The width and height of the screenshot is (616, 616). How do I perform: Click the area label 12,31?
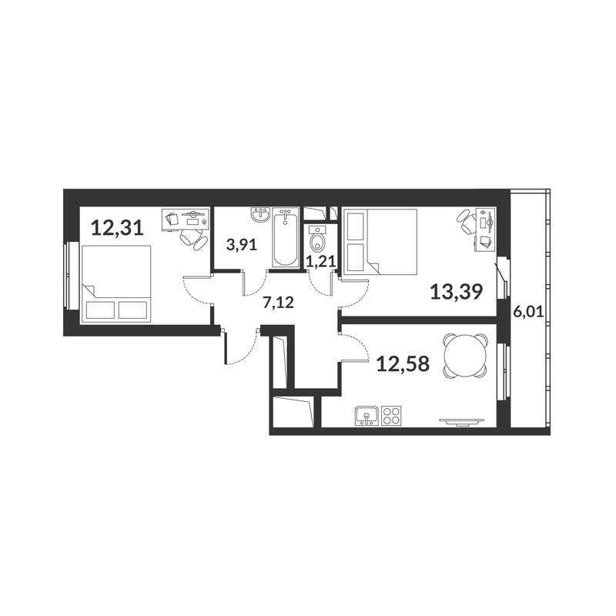click(117, 228)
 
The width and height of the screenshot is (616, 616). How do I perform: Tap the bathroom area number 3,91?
click(242, 245)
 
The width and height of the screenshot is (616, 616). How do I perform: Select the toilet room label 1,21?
click(321, 261)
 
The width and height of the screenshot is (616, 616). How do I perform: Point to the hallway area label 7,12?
click(279, 302)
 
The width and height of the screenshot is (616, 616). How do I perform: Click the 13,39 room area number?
click(457, 292)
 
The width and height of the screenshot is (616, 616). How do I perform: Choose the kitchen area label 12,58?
click(403, 364)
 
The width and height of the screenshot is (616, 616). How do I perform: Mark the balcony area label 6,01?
click(529, 313)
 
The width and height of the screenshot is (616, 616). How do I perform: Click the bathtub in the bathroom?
click(285, 238)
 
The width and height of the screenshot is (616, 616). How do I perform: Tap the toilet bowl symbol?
click(317, 239)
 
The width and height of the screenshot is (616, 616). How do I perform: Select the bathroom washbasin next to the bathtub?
click(260, 215)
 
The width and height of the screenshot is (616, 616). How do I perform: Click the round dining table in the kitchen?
click(465, 356)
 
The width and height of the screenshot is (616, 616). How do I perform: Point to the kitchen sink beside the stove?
click(367, 416)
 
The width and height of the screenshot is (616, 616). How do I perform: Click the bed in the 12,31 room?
click(116, 283)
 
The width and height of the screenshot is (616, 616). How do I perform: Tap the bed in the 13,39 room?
click(380, 241)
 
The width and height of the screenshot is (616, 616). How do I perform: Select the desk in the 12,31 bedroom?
click(185, 219)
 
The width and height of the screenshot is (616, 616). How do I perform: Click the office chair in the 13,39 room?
click(466, 221)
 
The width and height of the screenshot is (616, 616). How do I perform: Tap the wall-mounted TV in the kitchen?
click(462, 422)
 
